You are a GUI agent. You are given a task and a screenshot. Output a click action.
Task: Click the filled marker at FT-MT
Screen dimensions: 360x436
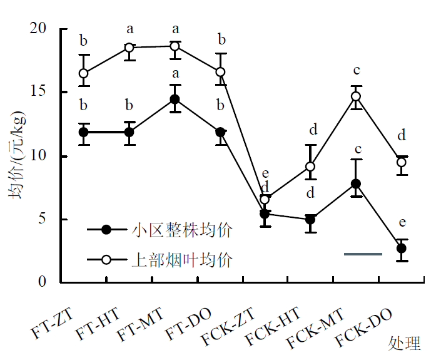pos(175,100)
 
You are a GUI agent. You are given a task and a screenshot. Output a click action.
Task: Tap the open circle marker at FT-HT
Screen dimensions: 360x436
pos(129,48)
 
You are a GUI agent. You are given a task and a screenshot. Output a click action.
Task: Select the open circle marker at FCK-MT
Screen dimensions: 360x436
pos(356,96)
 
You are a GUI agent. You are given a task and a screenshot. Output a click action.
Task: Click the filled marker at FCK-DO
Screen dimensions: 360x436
pos(402,249)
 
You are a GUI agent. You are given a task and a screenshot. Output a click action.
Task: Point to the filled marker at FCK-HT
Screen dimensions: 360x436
pos(310,220)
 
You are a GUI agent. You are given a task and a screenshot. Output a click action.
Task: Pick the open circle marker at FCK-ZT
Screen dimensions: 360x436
pos(265,200)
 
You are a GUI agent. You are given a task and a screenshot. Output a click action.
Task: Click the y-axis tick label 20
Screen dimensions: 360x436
pos(38,29)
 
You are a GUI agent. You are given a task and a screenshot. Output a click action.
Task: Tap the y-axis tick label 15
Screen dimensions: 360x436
pos(38,92)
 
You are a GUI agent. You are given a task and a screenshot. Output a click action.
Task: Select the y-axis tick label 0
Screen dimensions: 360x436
pos(42,282)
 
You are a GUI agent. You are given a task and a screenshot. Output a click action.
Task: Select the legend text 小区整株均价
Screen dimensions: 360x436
pos(182,230)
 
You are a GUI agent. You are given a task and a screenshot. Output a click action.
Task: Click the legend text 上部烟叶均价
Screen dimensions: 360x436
pos(182,259)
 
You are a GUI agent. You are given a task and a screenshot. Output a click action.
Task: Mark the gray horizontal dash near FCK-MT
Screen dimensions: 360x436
pos(363,254)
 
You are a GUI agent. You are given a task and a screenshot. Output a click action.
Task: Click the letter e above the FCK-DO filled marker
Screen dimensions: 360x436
pos(402,222)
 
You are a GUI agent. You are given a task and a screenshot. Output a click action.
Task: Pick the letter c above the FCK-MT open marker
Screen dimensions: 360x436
pos(356,71)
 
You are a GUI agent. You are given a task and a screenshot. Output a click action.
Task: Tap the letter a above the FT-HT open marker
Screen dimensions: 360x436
pos(129,28)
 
